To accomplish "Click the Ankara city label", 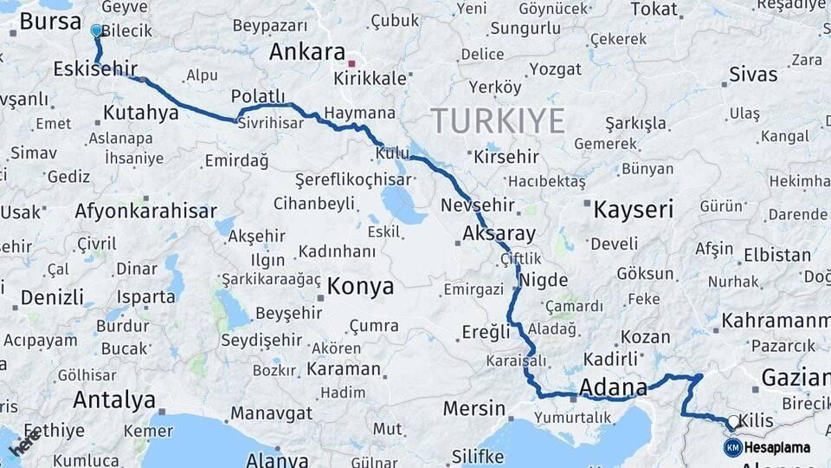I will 307,52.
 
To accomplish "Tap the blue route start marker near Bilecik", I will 96,30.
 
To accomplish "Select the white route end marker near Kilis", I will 733,422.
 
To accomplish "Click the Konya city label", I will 361,286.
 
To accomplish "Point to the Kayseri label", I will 634,209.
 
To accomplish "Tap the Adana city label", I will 614,387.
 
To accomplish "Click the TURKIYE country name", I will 498,120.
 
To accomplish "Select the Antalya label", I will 114,400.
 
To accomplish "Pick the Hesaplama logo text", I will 777,448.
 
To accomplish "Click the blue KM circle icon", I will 733,447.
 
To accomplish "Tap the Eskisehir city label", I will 95,68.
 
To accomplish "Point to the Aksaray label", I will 499,234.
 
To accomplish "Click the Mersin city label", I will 473,407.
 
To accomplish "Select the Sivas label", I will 753,74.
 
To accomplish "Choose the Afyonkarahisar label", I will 145,211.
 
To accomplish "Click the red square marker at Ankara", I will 351,63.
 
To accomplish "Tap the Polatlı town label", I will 258,96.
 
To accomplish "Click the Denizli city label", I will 51,296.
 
